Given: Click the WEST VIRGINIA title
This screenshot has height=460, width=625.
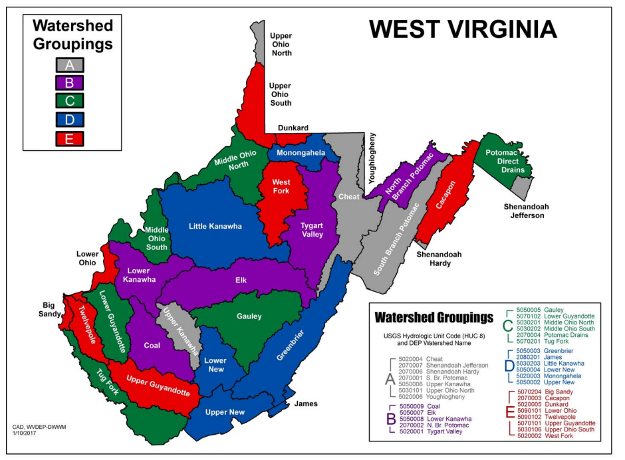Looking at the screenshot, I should pyautogui.click(x=463, y=29).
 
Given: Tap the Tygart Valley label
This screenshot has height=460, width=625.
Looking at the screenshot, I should pyautogui.click(x=311, y=229).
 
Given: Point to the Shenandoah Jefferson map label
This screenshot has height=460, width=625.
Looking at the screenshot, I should pyautogui.click(x=523, y=211).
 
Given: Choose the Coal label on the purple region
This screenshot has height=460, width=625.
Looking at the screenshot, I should pyautogui.click(x=152, y=345).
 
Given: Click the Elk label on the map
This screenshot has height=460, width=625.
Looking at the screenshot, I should pyautogui.click(x=240, y=280).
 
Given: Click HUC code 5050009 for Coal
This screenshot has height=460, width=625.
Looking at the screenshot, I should pyautogui.click(x=413, y=406).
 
